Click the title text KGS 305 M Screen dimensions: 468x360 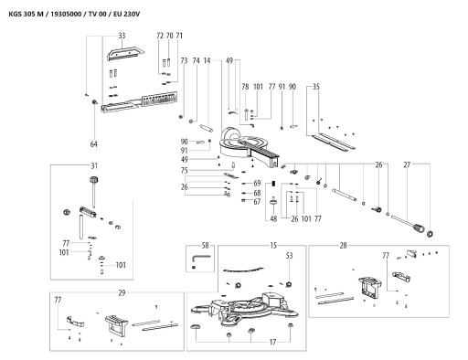27,14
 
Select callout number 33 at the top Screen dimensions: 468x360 122,36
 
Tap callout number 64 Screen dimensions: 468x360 94,144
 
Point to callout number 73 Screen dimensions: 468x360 184,61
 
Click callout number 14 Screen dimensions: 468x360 207,61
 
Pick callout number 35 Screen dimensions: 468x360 316,87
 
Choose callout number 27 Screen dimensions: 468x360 407,165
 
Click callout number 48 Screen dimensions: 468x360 273,219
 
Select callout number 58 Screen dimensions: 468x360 206,246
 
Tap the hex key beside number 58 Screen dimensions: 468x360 199,258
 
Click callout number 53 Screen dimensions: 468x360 289,256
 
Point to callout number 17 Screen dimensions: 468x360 272,343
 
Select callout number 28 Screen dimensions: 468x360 344,246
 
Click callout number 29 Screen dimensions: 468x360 122,293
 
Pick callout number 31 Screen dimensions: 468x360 94,166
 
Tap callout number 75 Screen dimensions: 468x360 185,171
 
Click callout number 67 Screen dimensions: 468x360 257,202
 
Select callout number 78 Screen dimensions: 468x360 245,87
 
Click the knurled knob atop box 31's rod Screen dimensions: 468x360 94,180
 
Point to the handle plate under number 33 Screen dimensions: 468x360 125,52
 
